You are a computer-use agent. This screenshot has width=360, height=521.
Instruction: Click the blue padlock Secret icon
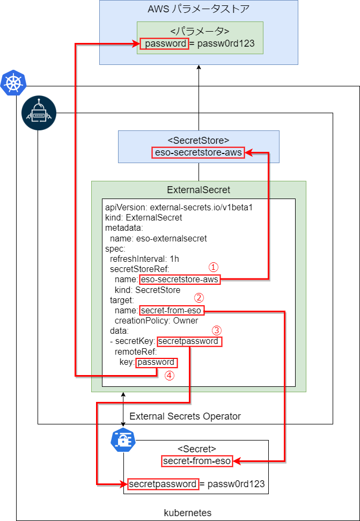[x=122, y=440]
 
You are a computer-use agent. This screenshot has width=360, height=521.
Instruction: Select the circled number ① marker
[x=214, y=267]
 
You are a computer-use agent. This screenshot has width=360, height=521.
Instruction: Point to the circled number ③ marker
[x=216, y=330]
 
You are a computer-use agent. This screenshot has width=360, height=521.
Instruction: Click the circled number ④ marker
[x=170, y=376]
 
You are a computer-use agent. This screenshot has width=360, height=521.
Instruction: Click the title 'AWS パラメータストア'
[x=199, y=10]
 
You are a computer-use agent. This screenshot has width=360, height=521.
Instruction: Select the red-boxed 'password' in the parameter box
[x=164, y=43]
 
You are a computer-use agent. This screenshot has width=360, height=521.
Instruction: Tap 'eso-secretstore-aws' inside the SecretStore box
[x=199, y=153]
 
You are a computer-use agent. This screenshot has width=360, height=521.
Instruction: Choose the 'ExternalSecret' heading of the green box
[x=199, y=189]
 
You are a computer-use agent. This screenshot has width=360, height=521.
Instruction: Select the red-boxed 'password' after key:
[x=156, y=362]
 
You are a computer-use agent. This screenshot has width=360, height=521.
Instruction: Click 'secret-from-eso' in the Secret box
[x=197, y=461]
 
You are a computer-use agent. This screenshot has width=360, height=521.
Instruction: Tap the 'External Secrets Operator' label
[x=185, y=416]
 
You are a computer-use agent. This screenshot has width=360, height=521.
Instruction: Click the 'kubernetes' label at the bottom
[x=188, y=513]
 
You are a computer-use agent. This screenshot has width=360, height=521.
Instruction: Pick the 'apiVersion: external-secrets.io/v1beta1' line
[x=179, y=207]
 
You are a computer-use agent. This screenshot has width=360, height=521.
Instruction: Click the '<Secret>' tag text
[x=196, y=449]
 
